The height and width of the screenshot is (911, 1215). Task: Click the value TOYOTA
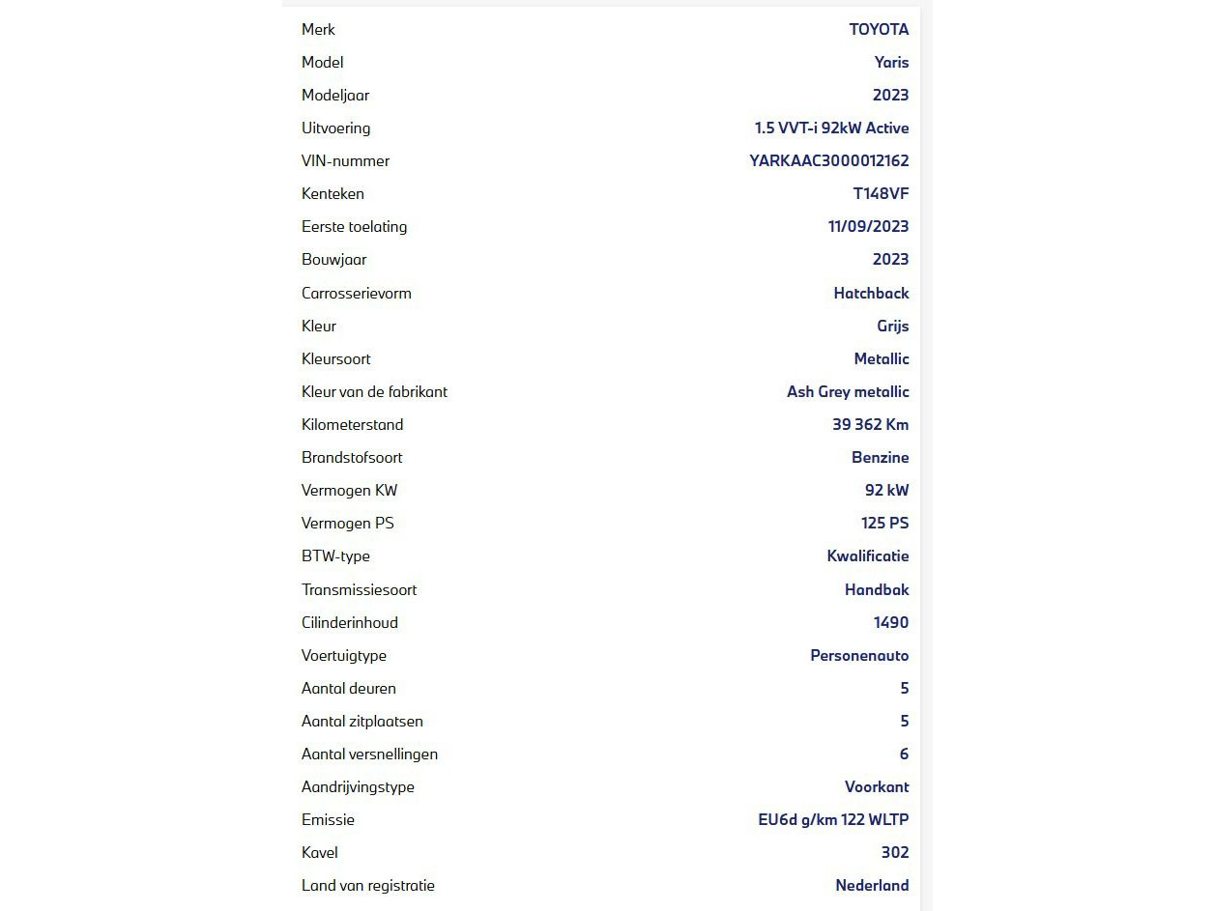[879, 29]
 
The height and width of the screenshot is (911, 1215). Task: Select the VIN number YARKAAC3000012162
[828, 160]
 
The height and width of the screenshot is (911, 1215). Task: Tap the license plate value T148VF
[881, 193]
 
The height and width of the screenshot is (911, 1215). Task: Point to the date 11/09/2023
[868, 226]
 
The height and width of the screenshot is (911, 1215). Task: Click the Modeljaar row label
[334, 95]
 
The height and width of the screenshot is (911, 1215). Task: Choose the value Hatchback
[871, 293]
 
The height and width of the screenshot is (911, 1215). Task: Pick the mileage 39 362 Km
[870, 424]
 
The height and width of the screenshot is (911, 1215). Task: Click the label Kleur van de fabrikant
[374, 391]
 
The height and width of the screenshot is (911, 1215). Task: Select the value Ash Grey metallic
[848, 391]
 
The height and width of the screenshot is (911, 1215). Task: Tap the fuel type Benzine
[880, 457]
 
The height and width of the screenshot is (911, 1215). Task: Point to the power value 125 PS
[884, 523]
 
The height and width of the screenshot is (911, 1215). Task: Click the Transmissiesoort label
[359, 589]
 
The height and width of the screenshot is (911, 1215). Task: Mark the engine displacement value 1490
[890, 622]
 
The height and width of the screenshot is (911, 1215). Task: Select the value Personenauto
[859, 655]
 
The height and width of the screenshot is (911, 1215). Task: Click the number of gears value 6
[904, 754]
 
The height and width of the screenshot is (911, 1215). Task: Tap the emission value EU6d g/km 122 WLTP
[833, 819]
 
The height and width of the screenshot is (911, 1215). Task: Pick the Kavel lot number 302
[895, 852]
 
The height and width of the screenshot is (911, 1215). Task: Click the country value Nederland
[872, 885]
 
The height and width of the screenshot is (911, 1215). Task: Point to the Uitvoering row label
[335, 128]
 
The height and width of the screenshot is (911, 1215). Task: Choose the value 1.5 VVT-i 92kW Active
[831, 128]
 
